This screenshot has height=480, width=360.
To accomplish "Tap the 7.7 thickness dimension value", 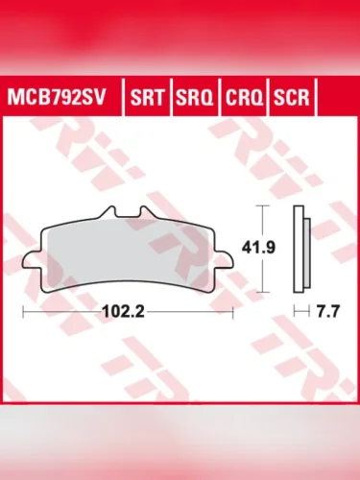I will click(x=330, y=311).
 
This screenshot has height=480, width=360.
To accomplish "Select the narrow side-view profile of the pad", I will click(x=305, y=247).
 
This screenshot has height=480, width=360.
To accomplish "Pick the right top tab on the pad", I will click(x=145, y=213).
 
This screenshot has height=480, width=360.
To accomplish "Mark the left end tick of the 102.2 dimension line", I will click(x=23, y=311).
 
